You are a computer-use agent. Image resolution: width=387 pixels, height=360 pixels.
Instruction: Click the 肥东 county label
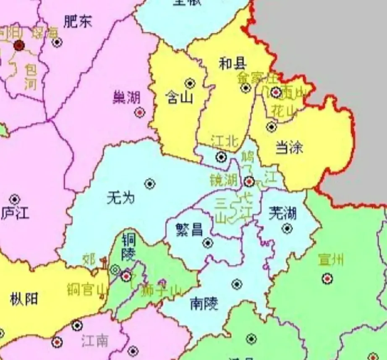pyautogui.click(x=78, y=22)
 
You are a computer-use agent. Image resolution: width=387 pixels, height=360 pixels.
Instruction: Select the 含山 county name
pyautogui.click(x=179, y=98)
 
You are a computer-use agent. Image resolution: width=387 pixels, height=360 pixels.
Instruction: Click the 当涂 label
pyautogui.click(x=289, y=147)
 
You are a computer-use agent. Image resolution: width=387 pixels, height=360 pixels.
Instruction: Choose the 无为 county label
pyautogui.click(x=121, y=197)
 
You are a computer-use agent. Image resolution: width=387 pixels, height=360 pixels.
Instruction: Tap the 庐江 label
pyautogui.click(x=16, y=213)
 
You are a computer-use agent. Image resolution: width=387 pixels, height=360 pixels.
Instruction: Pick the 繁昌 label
pyautogui.click(x=189, y=230)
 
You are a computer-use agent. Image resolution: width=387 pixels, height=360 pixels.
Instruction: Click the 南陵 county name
pyautogui.click(x=204, y=303)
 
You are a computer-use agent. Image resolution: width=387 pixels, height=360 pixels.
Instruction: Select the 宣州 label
pyautogui.click(x=331, y=260)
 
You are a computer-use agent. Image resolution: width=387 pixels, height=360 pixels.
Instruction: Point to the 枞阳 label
pyautogui.click(x=24, y=299)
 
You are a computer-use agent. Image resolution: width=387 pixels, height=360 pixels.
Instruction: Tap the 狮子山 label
pyautogui.click(x=161, y=289)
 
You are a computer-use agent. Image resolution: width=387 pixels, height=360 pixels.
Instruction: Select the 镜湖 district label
pyautogui.click(x=223, y=181)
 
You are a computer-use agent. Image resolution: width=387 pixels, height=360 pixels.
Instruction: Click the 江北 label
pyautogui.click(x=225, y=142)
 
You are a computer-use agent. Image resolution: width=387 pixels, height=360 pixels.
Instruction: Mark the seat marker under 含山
pyautogui.click(x=190, y=83)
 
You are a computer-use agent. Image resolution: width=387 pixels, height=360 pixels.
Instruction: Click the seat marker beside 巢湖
pyautogui.click(x=139, y=113)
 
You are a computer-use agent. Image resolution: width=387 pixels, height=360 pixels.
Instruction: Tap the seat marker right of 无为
pyautogui.click(x=150, y=184)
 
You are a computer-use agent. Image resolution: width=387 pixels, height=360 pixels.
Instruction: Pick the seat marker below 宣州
pyautogui.click(x=327, y=278)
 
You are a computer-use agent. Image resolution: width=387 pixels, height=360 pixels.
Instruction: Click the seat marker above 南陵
pyautogui.click(x=237, y=284)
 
